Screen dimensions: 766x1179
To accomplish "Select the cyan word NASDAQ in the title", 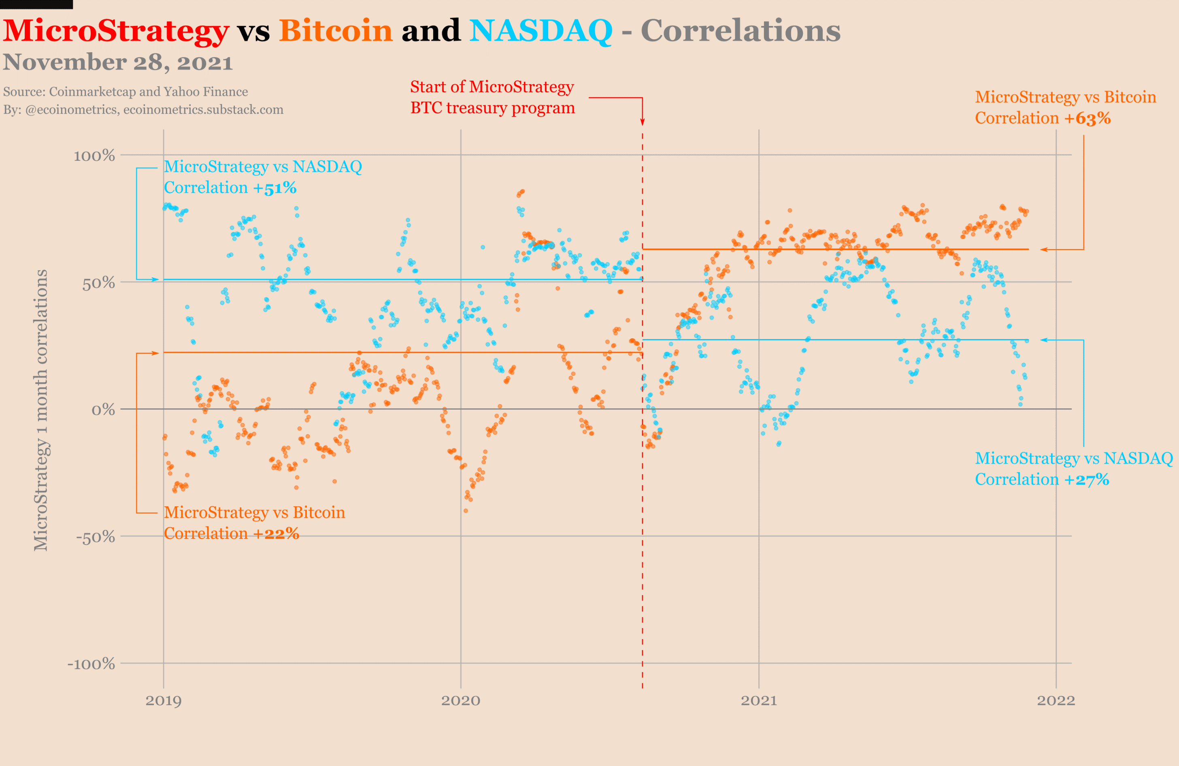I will [x=541, y=31].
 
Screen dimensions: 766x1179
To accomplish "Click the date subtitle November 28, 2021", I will [x=118, y=62].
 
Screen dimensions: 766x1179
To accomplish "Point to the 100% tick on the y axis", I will [x=94, y=156].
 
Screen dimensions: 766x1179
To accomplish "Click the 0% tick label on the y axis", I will [x=103, y=410].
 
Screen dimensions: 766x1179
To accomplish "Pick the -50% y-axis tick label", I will [x=96, y=537].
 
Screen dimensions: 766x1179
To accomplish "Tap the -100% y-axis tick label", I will [x=91, y=664].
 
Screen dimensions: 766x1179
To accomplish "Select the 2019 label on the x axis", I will [x=164, y=701].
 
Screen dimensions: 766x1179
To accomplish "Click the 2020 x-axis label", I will [x=461, y=701].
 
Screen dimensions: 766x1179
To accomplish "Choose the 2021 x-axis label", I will [x=759, y=701].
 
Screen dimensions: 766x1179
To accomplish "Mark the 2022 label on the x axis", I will [x=1056, y=701].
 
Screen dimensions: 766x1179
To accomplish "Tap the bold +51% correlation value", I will [x=275, y=188].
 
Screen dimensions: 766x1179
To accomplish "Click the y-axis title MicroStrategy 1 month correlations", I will [x=41, y=410].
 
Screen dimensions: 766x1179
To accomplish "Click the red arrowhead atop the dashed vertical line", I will [x=643, y=122].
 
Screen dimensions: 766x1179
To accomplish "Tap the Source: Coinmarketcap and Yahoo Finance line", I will [x=126, y=92].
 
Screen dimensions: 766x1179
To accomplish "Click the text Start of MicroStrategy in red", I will [x=492, y=87].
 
